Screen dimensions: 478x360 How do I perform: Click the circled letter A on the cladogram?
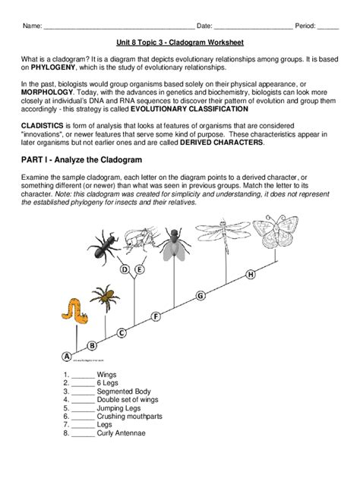66,356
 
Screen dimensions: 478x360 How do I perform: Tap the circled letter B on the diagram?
92,344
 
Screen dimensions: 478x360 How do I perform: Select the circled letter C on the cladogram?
121,331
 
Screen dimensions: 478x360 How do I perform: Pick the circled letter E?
140,269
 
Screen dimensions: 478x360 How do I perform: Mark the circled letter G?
201,295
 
